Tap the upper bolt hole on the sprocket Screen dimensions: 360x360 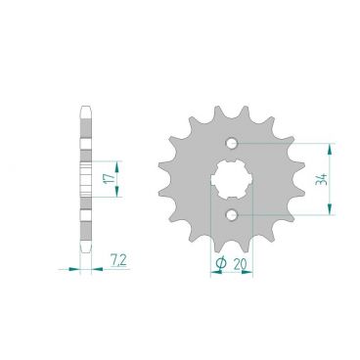click(232, 144)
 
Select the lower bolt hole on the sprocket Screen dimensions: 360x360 click(232, 214)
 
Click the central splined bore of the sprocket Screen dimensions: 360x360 click(232, 179)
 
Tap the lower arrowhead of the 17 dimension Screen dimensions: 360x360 click(118, 194)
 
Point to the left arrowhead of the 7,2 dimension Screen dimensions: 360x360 click(69, 265)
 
